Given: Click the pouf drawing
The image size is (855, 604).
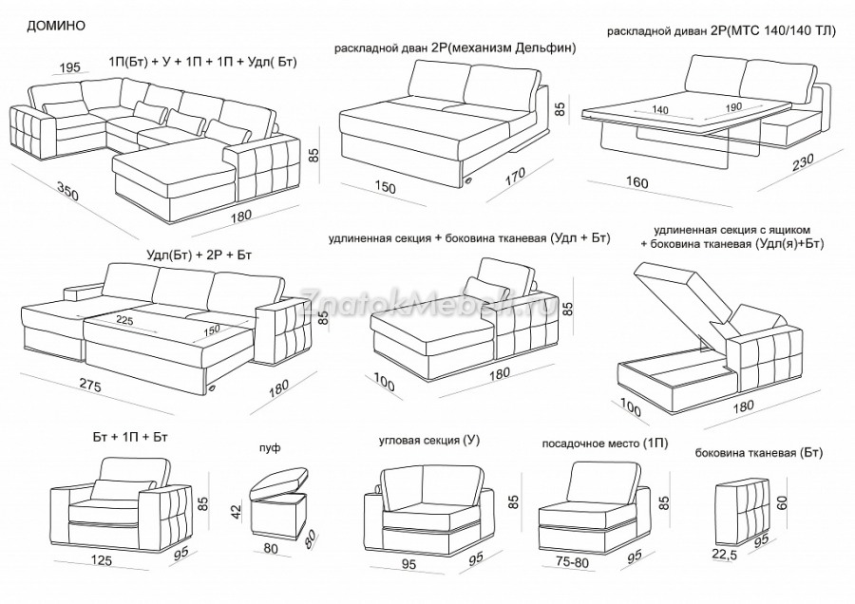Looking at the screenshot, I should click(x=279, y=503).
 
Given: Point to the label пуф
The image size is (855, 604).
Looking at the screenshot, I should click(x=269, y=446).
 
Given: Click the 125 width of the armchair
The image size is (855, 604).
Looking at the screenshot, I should click(x=102, y=560).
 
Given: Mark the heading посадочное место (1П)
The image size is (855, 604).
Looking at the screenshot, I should click(x=591, y=443).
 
